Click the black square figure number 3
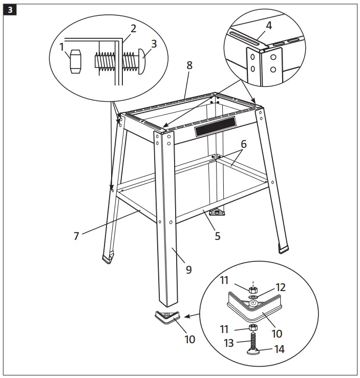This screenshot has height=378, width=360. click(x=9, y=9)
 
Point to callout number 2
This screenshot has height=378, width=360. click(x=134, y=28)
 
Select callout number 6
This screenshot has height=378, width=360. click(x=244, y=145)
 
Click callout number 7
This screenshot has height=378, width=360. click(x=76, y=236)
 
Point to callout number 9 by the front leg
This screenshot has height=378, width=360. click(x=188, y=270)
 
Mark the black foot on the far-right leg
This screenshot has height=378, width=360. click(x=283, y=249)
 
